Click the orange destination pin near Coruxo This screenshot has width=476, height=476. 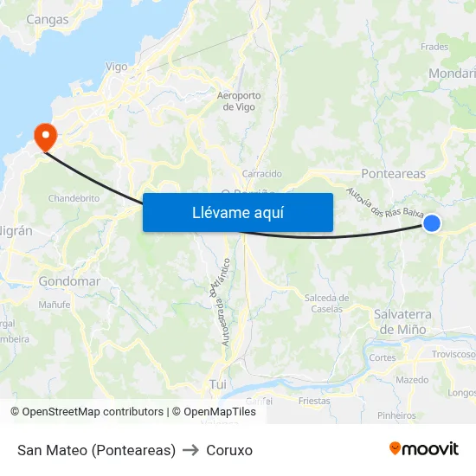(x=43, y=136)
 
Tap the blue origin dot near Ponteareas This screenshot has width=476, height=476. (x=432, y=224)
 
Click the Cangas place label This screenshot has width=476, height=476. (x=48, y=19)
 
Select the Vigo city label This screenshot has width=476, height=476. (x=116, y=67)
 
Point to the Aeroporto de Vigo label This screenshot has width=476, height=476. (x=238, y=101)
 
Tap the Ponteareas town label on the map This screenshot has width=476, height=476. (x=393, y=174)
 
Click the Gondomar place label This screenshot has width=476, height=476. (x=69, y=281)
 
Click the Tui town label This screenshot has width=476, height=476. (x=217, y=383)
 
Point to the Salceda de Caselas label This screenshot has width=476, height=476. (x=326, y=304)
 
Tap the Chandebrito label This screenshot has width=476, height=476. (x=74, y=198)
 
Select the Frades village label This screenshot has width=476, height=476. (x=434, y=48)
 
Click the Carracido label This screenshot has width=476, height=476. (x=261, y=174)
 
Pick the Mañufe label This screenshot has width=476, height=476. (x=54, y=305)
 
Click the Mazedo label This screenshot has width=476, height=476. (x=412, y=380)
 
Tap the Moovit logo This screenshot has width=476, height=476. (x=424, y=449)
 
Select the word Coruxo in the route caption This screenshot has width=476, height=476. (x=229, y=450)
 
